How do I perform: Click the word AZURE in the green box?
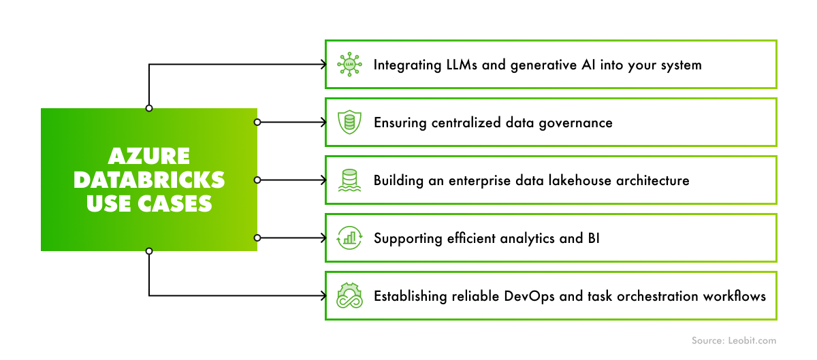[x=149, y=157]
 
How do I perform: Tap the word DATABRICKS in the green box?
[x=149, y=180]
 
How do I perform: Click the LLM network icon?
[x=350, y=65]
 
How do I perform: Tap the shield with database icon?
[x=350, y=122]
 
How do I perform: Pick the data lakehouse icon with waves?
[x=350, y=180]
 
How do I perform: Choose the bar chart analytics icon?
[x=350, y=238]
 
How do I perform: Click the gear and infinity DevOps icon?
[x=350, y=296]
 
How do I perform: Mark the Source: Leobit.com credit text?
[x=733, y=340]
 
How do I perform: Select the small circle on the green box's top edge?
[x=149, y=108]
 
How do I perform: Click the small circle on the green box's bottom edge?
[x=149, y=251]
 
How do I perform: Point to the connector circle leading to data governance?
[x=257, y=122]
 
